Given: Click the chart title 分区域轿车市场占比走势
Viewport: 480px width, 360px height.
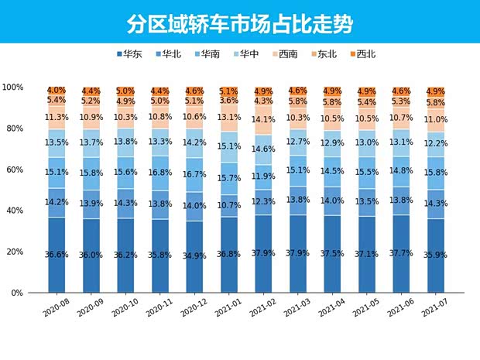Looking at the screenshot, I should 239,22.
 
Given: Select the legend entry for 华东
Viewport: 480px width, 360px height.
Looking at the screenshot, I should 128,54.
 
